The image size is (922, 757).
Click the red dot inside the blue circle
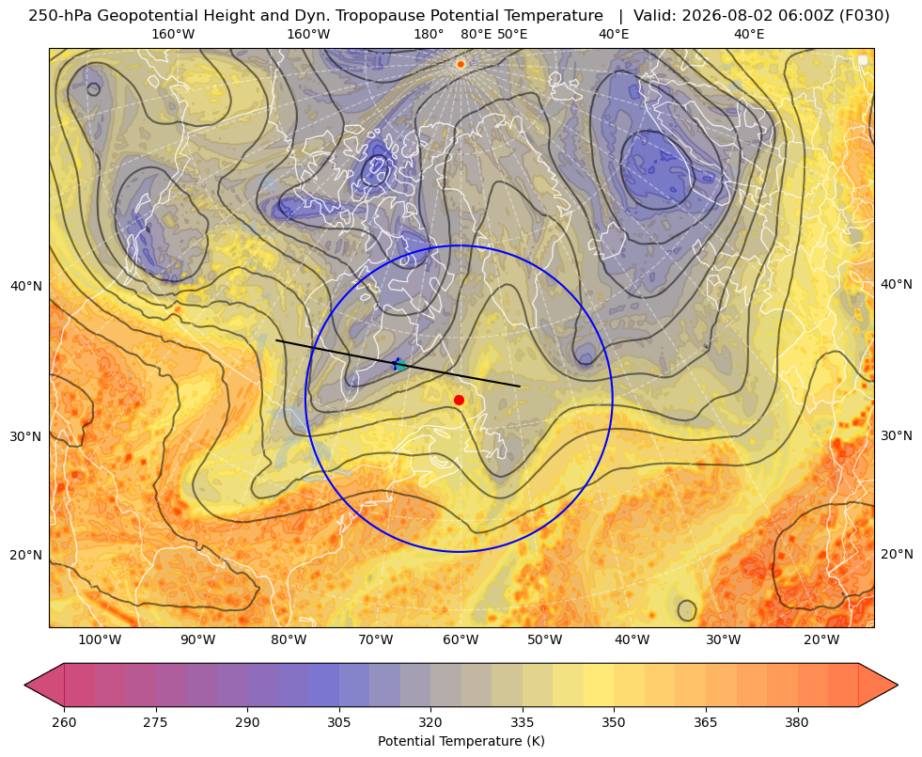(x=460, y=400)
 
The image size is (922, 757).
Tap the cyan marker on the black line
(x=400, y=365)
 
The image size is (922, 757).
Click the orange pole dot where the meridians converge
(x=461, y=64)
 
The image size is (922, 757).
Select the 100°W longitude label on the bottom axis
(x=100, y=640)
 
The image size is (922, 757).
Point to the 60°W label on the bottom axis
(x=461, y=640)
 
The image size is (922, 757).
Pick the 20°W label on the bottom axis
(x=821, y=640)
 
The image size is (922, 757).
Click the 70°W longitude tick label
(x=376, y=640)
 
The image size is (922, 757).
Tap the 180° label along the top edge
(x=429, y=34)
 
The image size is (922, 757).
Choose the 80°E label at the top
(x=476, y=34)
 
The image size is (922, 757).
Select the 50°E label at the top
(x=512, y=34)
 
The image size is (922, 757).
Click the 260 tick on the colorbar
(x=64, y=722)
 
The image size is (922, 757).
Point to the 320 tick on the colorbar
(x=430, y=722)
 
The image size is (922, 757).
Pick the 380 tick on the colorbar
(x=797, y=722)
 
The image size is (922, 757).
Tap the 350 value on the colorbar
(x=614, y=722)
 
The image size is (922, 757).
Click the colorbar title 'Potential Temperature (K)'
(x=461, y=741)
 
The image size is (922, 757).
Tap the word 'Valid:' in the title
(x=655, y=16)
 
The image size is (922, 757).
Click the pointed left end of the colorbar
(x=24, y=685)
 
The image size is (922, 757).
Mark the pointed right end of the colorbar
(x=898, y=685)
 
